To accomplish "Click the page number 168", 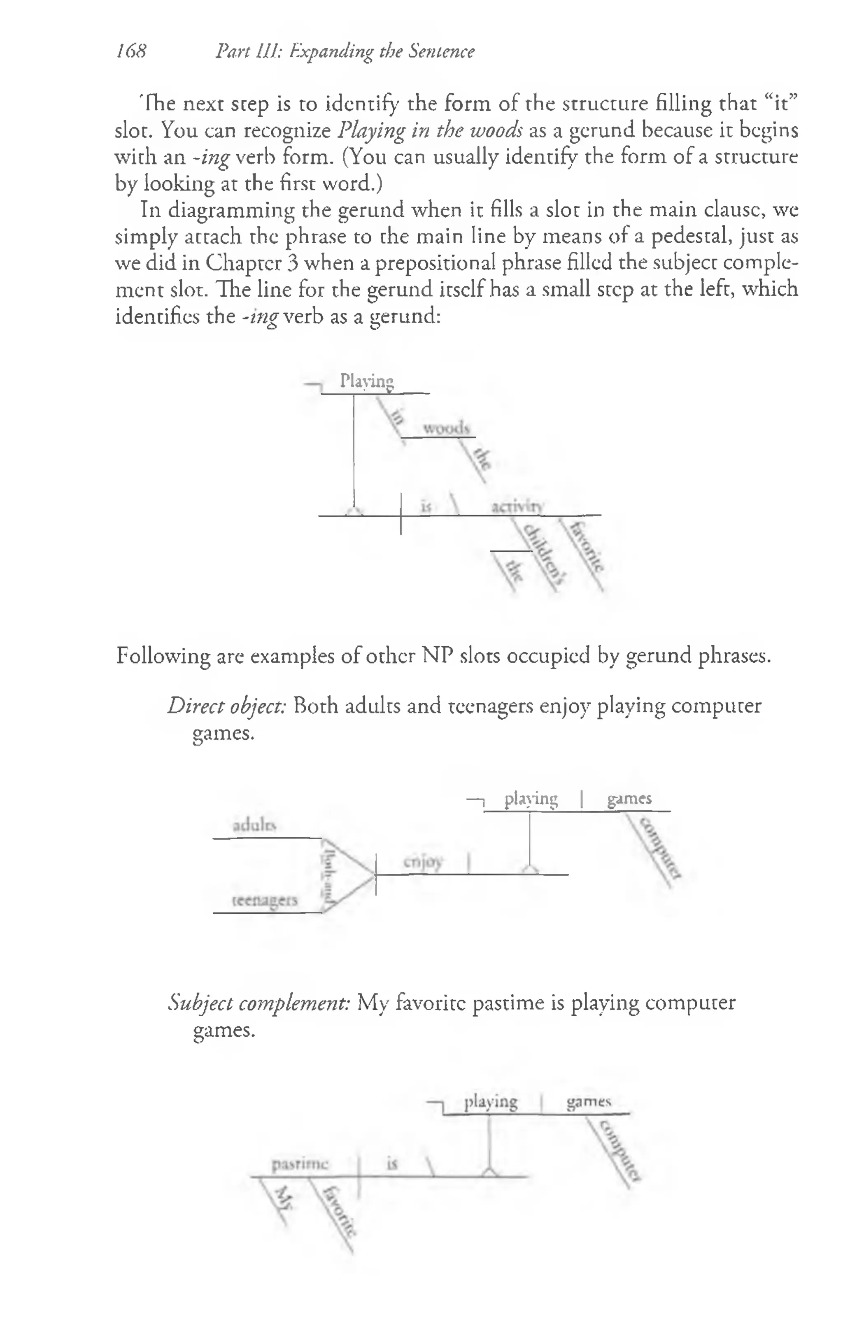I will (x=132, y=51).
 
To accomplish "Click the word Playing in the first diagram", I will (x=367, y=381).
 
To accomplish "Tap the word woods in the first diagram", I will (x=446, y=428).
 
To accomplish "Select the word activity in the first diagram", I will (x=516, y=507).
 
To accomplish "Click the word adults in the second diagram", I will (x=254, y=825).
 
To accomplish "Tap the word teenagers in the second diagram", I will (x=265, y=900).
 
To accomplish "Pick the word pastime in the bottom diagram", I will (x=300, y=1164).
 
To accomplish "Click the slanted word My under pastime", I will (x=283, y=1198).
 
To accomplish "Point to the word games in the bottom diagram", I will (x=589, y=1101).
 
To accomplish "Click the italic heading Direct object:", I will (x=226, y=706).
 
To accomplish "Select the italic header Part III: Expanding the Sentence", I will (x=345, y=51).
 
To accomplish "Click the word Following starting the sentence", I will (x=163, y=656).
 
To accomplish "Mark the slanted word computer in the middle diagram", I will (x=660, y=848).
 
